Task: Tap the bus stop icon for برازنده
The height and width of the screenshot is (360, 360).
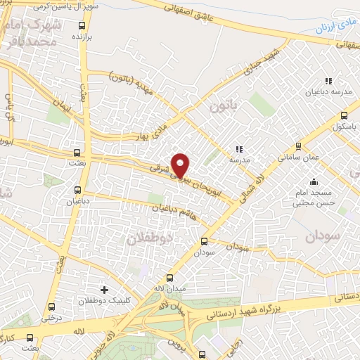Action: tap(82, 25)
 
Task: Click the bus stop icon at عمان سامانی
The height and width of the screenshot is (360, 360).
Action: tap(298, 146)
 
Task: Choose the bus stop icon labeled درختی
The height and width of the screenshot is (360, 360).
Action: tap(51, 306)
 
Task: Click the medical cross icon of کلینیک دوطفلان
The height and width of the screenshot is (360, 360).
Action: tap(105, 289)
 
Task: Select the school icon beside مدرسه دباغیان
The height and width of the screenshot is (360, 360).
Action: tap(328, 80)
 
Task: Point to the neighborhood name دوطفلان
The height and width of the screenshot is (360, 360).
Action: tap(148, 238)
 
